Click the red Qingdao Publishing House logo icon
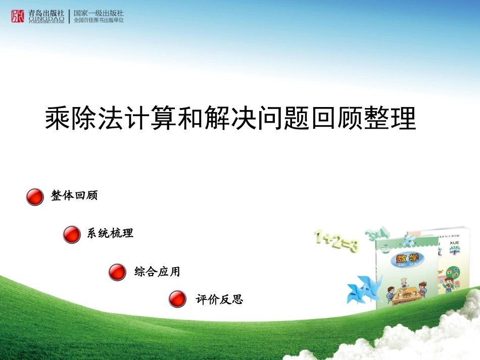point(17,16)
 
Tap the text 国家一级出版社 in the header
point(99,13)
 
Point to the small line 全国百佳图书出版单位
point(99,20)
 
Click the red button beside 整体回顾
point(35,197)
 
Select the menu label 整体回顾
point(74,196)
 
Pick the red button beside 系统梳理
point(72,235)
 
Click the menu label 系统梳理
point(110,233)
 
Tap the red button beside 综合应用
point(117,273)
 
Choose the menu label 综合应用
point(157,272)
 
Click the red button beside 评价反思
point(177,299)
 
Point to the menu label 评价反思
point(219,300)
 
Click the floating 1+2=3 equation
point(337,241)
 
